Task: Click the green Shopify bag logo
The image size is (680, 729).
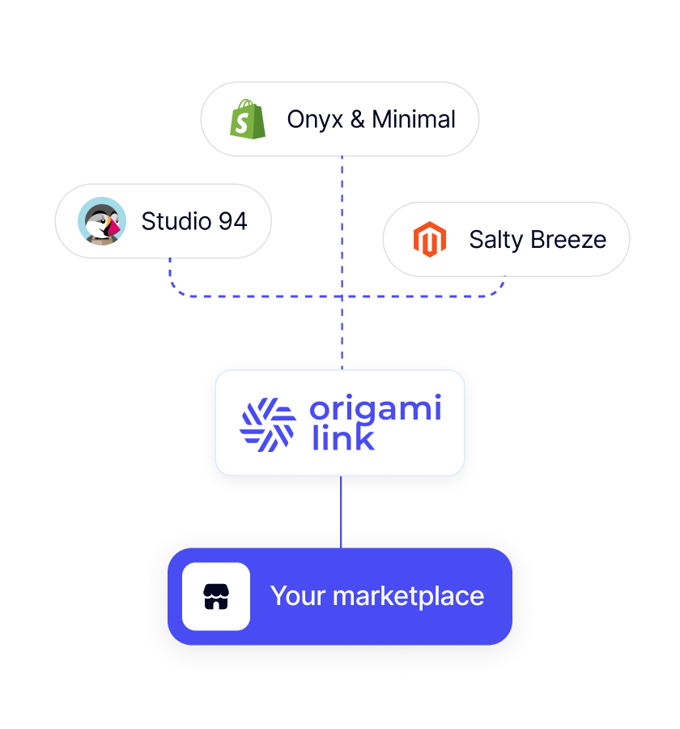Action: point(247,119)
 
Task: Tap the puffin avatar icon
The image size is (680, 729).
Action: point(102,221)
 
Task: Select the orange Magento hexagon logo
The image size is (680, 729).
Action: point(430,239)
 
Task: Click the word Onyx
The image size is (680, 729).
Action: point(315,120)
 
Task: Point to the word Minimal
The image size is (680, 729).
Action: point(414,119)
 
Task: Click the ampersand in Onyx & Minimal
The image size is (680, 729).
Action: point(358,120)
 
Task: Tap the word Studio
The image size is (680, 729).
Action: point(176,221)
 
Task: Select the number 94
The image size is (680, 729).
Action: point(233,221)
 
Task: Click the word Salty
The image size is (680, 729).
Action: point(496,241)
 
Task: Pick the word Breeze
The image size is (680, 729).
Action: point(568,240)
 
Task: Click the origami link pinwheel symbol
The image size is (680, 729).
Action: point(268,424)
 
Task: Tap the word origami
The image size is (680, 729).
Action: point(376,409)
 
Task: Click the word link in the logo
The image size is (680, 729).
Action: point(343,437)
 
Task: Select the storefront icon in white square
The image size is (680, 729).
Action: point(216,596)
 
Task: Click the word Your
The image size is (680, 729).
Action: point(297,596)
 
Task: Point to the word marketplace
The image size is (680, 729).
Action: point(409,597)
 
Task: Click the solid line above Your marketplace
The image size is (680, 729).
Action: point(341,512)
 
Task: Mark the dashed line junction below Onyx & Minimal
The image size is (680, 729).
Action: point(342,296)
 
